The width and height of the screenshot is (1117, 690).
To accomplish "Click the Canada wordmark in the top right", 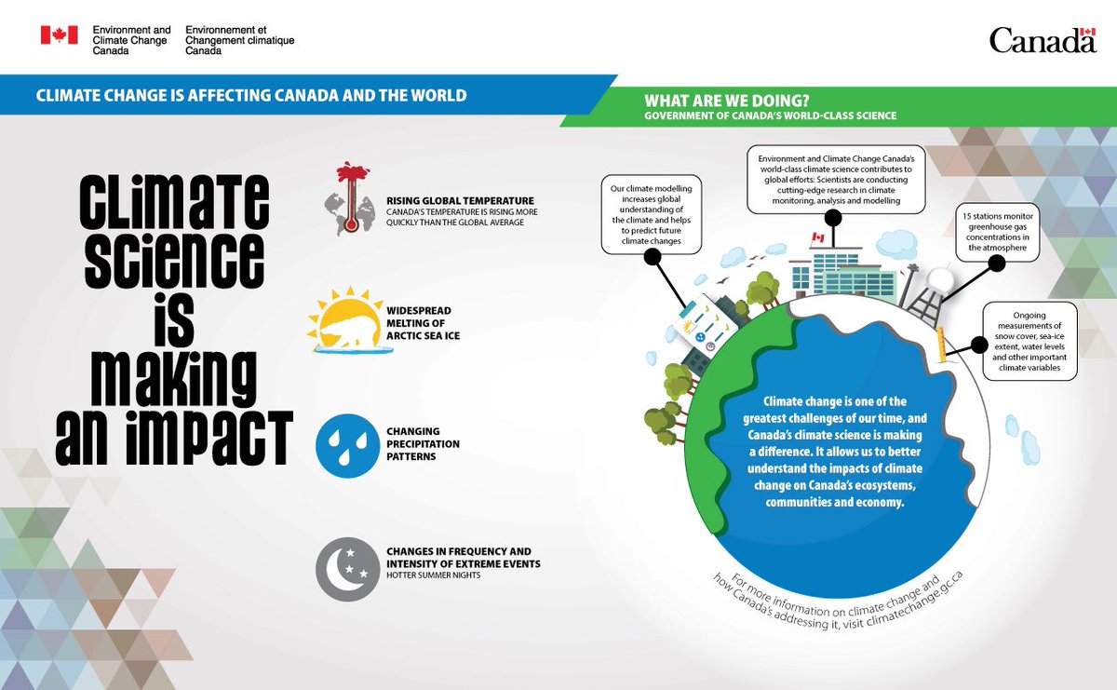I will pos(1043,40).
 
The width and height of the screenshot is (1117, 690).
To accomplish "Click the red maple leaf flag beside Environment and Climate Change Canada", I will pos(59,35).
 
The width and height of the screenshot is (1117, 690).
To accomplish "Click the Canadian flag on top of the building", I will pos(818,238).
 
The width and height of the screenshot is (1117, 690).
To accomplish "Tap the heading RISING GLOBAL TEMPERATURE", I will pos(460,199).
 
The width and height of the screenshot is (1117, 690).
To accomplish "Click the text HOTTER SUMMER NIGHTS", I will pos(430,575).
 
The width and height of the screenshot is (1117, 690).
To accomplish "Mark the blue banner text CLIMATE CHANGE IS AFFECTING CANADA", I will pos(250,95).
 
